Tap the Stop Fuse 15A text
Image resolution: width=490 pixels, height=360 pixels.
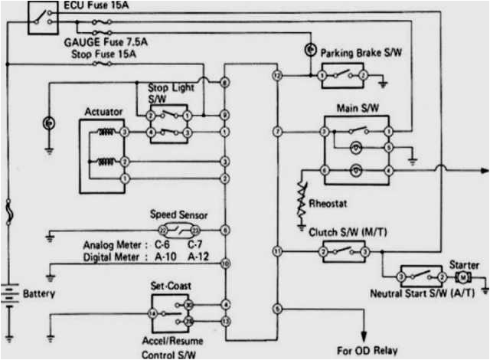tap(105, 55)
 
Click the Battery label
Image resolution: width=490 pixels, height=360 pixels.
tap(38, 293)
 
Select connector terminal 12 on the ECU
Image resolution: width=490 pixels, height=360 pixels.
tap(277, 77)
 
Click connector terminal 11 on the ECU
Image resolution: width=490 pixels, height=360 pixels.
tap(277, 251)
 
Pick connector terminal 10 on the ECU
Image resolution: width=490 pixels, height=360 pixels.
tap(224, 263)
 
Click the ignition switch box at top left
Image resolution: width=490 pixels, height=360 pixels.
tap(41, 18)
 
